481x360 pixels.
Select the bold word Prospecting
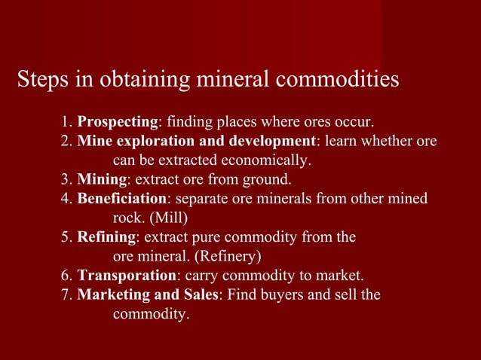(118, 121)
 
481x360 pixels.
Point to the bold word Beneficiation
(121, 200)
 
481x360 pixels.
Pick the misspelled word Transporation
(127, 275)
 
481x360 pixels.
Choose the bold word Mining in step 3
(102, 180)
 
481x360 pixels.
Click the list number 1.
(66, 121)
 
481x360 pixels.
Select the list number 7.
(66, 294)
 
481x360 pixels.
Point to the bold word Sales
(197, 294)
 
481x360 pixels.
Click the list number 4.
(66, 200)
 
